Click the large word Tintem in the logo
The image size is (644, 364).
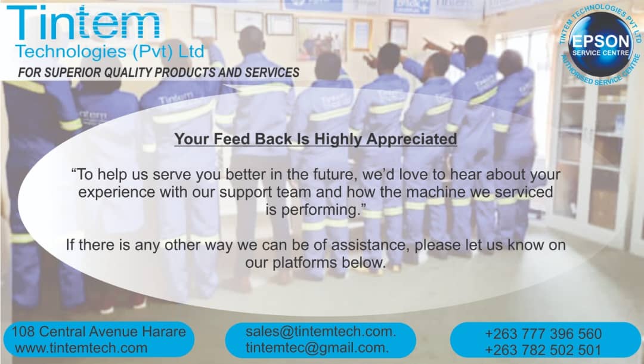click(x=83, y=23)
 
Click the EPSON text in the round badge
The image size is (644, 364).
click(x=601, y=42)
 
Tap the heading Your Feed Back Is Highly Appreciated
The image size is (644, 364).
click(x=315, y=139)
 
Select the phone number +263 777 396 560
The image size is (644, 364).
click(x=543, y=334)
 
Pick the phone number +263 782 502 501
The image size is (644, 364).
click(x=543, y=350)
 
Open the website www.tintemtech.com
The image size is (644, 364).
click(x=81, y=348)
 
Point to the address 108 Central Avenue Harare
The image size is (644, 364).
click(x=98, y=332)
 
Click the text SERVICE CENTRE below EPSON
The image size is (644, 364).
click(x=601, y=53)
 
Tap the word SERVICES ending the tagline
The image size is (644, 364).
click(x=273, y=73)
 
